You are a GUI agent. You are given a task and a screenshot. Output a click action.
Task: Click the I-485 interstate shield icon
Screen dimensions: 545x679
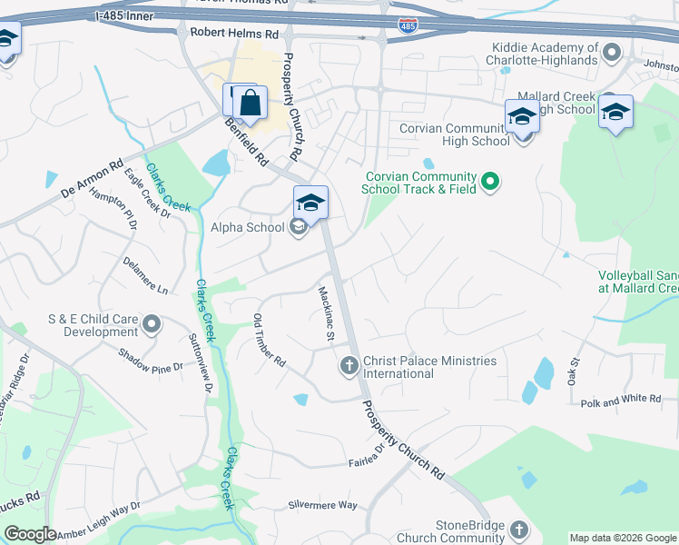coord(408,27)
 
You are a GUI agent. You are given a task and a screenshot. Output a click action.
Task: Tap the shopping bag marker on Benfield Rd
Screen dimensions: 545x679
coord(251,104)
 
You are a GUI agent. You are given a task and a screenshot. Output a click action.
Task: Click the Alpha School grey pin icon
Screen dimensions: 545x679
coord(298,228)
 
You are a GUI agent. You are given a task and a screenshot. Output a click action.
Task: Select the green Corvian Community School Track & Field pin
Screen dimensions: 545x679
coord(490,183)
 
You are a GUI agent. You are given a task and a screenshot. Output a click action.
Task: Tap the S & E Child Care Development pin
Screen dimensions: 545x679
coord(152,324)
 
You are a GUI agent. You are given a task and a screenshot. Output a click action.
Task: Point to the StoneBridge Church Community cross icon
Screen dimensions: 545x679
coord(518,530)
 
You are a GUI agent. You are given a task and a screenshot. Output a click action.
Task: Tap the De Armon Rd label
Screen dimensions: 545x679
coord(92,180)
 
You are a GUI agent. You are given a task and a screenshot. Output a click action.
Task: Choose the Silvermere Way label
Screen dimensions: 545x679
coord(323,505)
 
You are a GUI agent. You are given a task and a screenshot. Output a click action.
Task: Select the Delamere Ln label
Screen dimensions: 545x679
coord(146,275)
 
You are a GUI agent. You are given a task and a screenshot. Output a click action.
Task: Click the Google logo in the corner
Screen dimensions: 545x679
coord(31,534)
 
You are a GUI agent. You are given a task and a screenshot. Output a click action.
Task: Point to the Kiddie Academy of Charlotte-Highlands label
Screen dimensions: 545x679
coord(545,54)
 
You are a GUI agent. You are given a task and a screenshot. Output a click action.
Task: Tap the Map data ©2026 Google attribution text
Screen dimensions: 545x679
coord(623,538)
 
